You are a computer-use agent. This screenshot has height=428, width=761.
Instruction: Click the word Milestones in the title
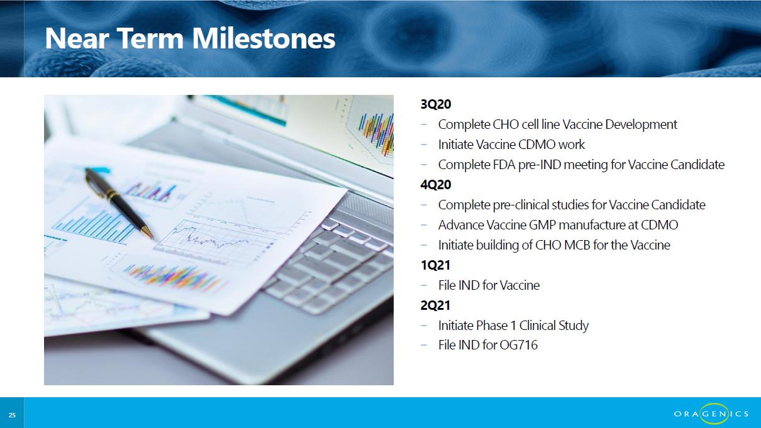264,38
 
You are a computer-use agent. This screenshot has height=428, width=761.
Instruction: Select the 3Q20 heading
436,104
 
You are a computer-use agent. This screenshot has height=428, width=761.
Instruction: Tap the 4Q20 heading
436,185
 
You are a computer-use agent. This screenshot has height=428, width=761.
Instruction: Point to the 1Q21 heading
435,265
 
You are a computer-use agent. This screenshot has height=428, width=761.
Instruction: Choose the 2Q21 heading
435,305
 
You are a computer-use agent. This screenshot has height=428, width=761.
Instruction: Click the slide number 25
12,415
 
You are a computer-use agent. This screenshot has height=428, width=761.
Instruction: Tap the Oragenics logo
711,414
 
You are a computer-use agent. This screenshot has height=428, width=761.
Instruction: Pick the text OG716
518,345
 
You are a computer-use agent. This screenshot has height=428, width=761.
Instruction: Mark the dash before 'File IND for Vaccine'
424,285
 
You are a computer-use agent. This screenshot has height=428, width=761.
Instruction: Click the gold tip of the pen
149,234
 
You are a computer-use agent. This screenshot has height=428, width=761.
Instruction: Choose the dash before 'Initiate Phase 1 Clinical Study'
424,326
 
